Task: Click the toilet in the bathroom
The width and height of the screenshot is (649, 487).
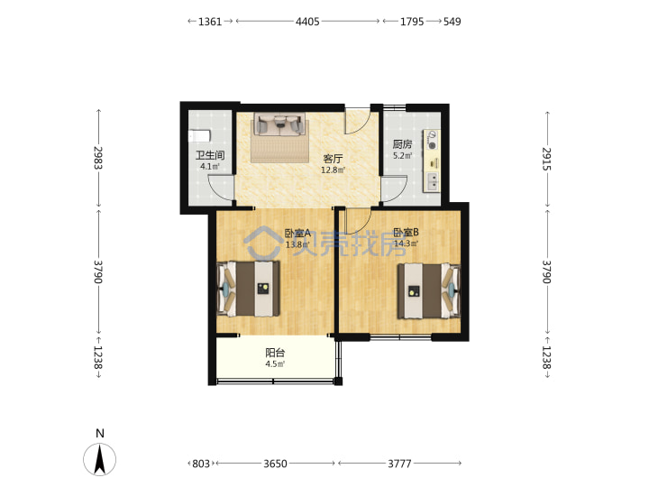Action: (x=200, y=136)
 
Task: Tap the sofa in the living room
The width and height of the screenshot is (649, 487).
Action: (x=279, y=124)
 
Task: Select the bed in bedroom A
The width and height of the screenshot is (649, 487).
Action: (x=248, y=289)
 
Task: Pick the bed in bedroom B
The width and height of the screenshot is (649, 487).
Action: (x=429, y=291)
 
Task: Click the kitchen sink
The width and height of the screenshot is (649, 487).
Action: (x=432, y=182)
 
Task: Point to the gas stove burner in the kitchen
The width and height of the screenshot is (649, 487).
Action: (x=432, y=145)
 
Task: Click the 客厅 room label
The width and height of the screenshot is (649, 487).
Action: (x=333, y=159)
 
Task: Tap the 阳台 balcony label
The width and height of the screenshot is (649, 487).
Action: (x=275, y=353)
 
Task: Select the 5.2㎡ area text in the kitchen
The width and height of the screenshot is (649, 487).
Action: (x=402, y=156)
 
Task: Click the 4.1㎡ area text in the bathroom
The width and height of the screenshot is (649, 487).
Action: (x=210, y=167)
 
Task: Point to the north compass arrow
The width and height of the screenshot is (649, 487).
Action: (x=99, y=459)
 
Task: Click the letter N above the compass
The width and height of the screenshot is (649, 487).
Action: (x=100, y=433)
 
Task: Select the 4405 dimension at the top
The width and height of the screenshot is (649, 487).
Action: (x=307, y=22)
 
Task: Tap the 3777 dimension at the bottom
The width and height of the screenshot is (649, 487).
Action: (x=399, y=464)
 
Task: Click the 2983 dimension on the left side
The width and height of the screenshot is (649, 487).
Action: (x=98, y=158)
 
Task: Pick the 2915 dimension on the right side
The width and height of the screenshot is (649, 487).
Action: (x=547, y=159)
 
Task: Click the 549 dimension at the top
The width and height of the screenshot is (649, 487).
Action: (x=452, y=22)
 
